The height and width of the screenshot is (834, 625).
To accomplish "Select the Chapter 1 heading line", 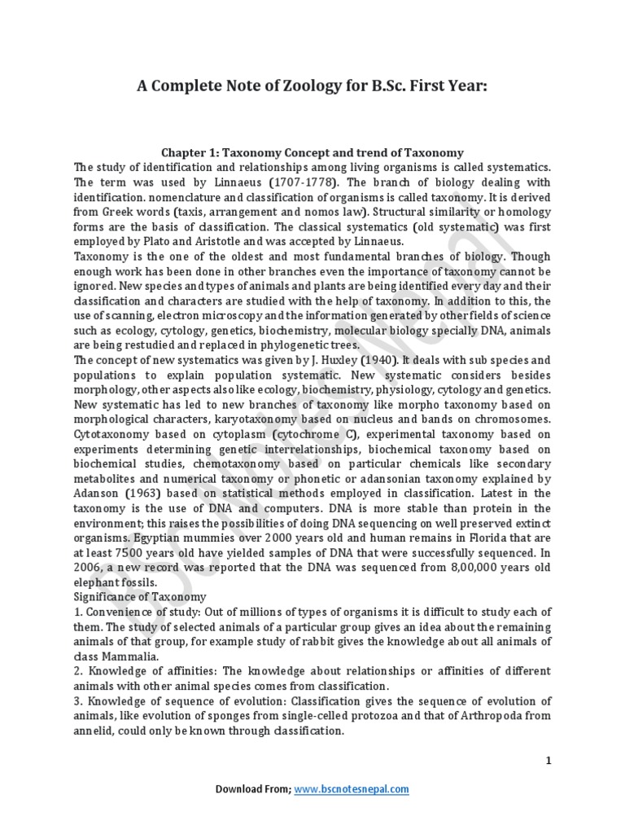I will pos(312,152).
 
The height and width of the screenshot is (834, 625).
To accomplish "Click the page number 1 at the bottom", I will pos(549,761).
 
